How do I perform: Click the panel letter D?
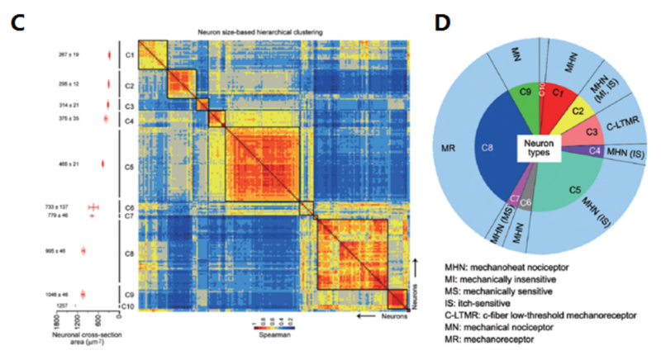tap(442, 23)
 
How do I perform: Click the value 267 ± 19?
tap(68, 54)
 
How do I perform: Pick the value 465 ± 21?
tap(68, 163)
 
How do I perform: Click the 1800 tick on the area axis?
tap(59, 320)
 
